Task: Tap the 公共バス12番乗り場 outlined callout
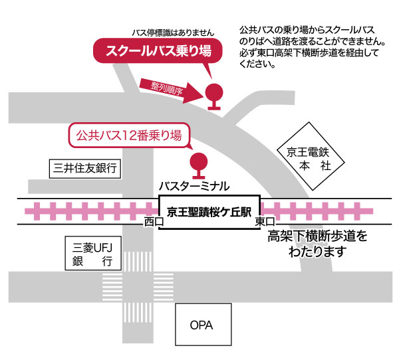[128, 136]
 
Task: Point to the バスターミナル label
[194, 185]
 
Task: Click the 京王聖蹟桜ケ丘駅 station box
[209, 213]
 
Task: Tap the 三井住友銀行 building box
[85, 169]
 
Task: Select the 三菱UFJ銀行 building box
[92, 254]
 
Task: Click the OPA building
[202, 325]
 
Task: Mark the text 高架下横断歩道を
[317, 236]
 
